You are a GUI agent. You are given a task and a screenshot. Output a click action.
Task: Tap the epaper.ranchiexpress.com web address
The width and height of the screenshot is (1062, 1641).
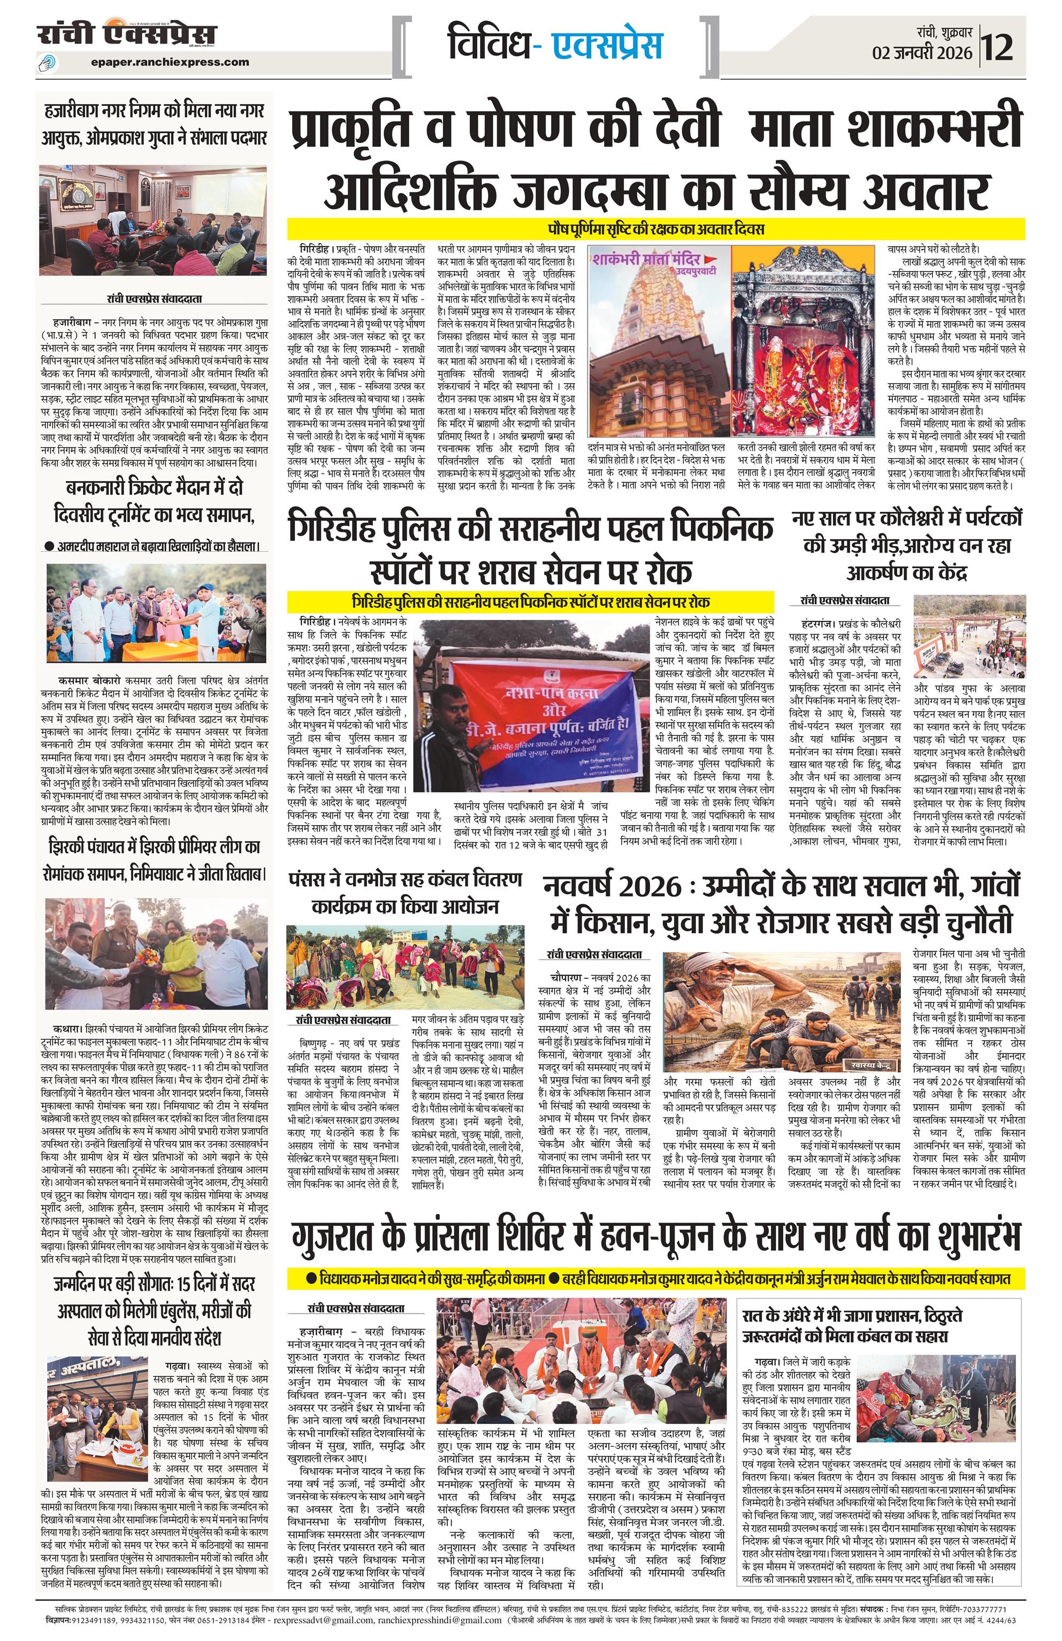[170, 62]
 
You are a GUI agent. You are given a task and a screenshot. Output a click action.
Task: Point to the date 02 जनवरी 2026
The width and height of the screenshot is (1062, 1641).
[922, 53]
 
